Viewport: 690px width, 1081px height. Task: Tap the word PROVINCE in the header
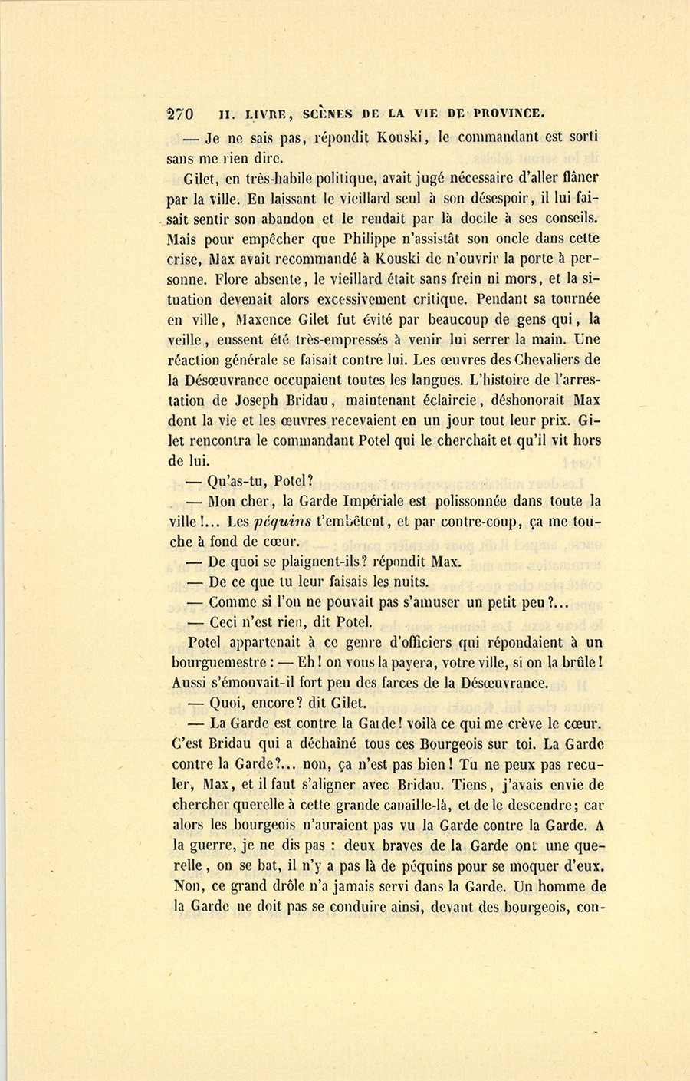click(x=509, y=114)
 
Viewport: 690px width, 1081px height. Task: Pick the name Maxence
click(x=268, y=319)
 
